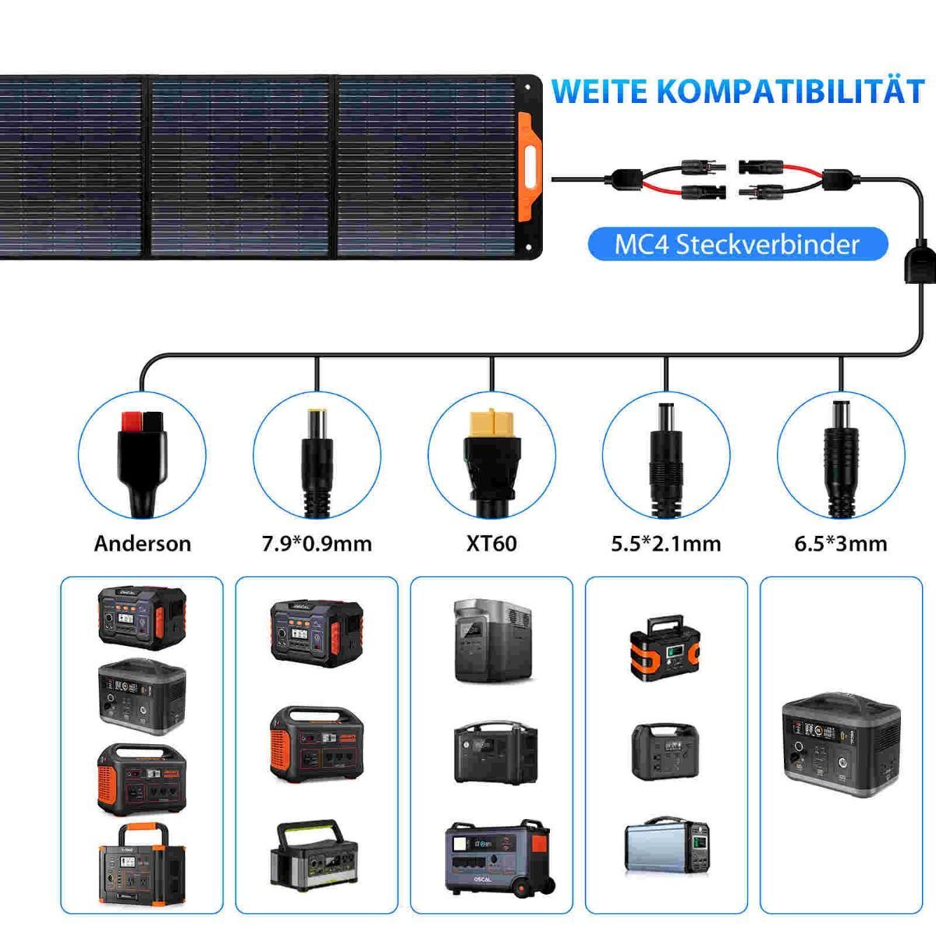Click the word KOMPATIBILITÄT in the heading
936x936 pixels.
(x=789, y=91)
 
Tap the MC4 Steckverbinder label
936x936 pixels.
(x=737, y=244)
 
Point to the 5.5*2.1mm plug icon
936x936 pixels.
(x=666, y=452)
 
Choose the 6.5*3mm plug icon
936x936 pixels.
(x=841, y=452)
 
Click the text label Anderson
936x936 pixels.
(x=142, y=543)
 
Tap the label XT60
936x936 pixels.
(x=491, y=543)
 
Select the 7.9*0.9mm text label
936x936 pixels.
(x=317, y=543)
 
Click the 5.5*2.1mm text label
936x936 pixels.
(x=666, y=543)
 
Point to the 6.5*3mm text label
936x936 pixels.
(x=841, y=543)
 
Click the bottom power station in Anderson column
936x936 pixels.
(x=142, y=862)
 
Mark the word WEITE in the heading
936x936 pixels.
(x=600, y=91)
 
